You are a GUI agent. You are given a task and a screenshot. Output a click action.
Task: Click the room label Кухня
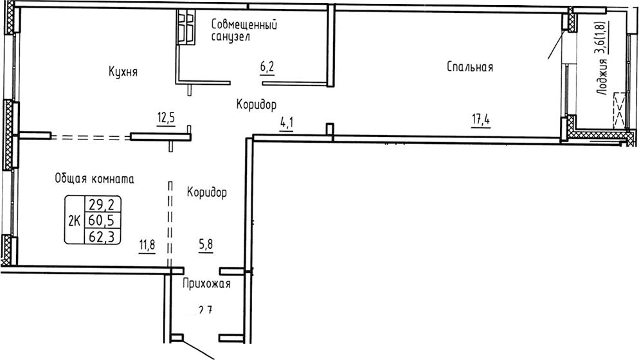(x=123, y=72)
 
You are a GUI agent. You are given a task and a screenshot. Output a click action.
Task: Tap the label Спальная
(x=471, y=67)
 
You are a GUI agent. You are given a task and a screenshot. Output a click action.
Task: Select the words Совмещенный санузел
(x=244, y=30)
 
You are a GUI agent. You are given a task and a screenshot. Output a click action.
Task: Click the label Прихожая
(x=206, y=283)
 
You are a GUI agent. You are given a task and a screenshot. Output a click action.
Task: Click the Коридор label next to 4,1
(x=256, y=104)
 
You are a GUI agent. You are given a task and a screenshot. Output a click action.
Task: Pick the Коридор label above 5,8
(x=207, y=192)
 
